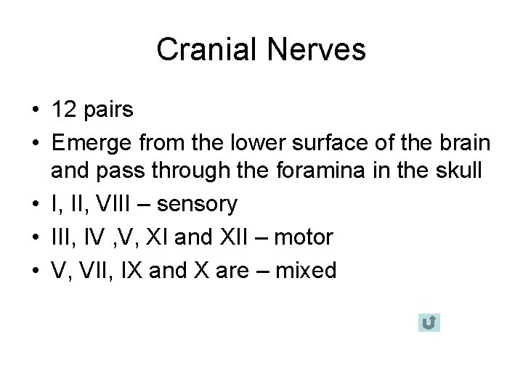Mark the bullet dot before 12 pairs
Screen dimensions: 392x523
coord(35,110)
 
